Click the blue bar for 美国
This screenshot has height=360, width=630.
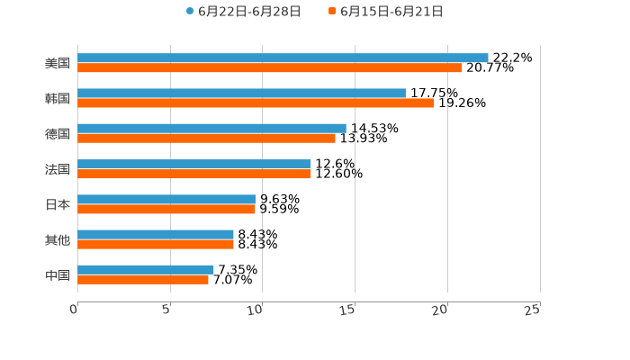click(283, 58)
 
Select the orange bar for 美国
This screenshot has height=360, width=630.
click(270, 67)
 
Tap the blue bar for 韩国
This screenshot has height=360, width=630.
click(241, 93)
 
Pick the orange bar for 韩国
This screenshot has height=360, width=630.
click(256, 103)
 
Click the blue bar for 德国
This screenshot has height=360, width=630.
click(211, 128)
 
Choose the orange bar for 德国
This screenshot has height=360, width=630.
click(206, 138)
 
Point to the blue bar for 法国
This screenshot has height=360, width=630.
click(194, 164)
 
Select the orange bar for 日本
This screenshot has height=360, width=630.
click(166, 209)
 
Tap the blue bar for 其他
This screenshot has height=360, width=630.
click(156, 234)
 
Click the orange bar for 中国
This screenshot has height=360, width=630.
click(143, 279)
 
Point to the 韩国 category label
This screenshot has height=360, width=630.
click(58, 98)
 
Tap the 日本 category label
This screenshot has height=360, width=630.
click(58, 204)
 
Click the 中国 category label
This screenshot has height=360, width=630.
click(58, 274)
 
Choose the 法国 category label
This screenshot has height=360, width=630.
click(58, 169)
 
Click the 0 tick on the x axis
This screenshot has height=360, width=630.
click(75, 310)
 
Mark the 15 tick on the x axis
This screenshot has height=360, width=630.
click(348, 310)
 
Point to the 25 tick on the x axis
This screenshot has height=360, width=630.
click(533, 310)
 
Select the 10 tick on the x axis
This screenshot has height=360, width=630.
click(256, 310)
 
